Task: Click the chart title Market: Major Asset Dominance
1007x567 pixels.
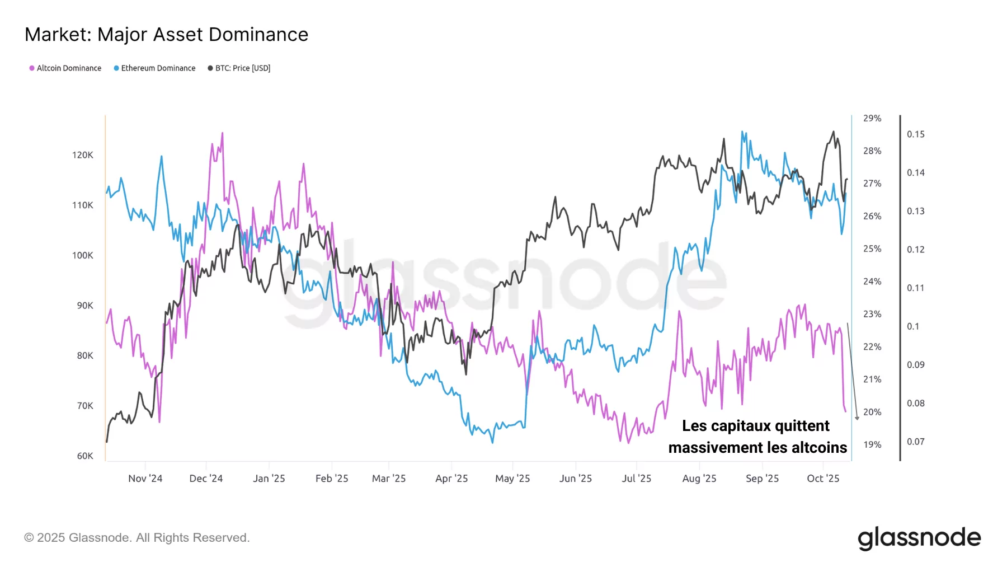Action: [x=166, y=35]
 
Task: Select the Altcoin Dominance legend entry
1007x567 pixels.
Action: [x=65, y=68]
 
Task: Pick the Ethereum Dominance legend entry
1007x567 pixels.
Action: [x=154, y=68]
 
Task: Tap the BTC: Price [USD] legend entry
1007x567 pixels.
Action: [x=239, y=68]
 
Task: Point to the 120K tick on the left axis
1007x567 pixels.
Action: [x=83, y=155]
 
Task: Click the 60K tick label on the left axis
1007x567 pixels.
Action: [x=85, y=456]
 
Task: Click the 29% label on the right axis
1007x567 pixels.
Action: [x=872, y=118]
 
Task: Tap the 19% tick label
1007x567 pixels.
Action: [x=872, y=444]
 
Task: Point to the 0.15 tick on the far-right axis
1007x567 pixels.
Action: [x=915, y=134]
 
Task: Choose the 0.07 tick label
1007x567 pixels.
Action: [x=915, y=442]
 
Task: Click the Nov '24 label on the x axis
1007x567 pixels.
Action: [x=145, y=479]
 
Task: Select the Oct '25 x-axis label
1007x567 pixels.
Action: [x=822, y=479]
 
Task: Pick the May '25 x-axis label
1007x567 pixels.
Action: [x=512, y=479]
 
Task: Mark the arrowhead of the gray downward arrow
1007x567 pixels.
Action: [x=857, y=418]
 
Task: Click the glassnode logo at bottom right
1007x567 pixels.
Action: [x=919, y=538]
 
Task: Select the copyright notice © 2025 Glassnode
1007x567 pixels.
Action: [x=137, y=538]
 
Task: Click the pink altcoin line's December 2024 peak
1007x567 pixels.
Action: [x=222, y=133]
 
